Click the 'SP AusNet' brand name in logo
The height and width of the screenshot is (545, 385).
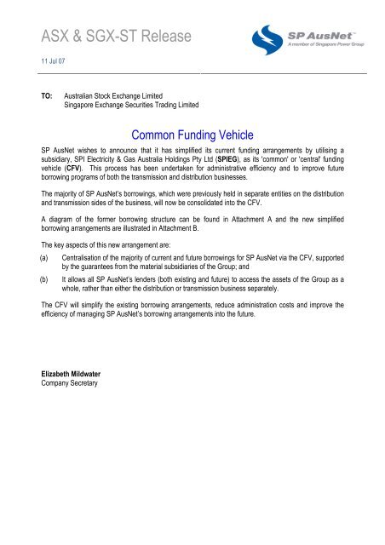click(x=321, y=37)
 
